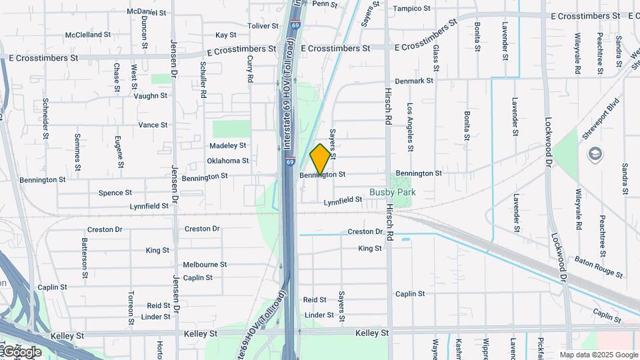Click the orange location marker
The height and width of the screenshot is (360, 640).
coord(320,159)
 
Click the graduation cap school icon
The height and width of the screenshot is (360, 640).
coord(593,155)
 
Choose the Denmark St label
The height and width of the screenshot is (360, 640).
coord(413,81)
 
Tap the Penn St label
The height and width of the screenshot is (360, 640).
coord(325,4)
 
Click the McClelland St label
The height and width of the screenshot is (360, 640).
coord(88,35)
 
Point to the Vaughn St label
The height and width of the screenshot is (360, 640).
coord(150,96)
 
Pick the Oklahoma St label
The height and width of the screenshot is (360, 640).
coord(227,161)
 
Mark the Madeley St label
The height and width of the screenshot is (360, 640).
coord(227,145)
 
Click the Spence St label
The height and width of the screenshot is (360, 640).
coord(111,193)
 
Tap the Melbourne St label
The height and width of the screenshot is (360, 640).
coord(205,265)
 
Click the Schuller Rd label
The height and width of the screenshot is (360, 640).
coord(203,79)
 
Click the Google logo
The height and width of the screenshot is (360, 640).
coord(22,351)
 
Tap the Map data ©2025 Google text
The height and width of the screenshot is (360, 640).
coord(598,355)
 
